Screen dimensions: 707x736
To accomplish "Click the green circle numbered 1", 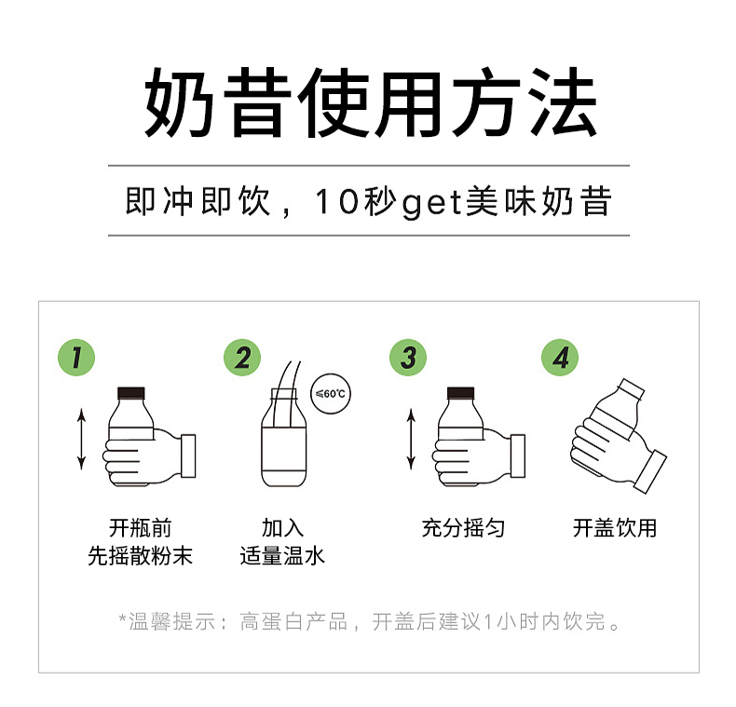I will coord(77,357).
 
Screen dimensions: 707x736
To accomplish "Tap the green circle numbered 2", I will coord(242,357).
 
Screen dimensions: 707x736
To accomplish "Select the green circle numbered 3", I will coord(407,357).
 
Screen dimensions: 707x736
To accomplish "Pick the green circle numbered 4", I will coord(560,357).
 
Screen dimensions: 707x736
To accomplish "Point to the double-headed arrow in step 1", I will coord(82,438).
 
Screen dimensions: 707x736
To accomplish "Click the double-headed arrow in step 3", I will coord(410,438).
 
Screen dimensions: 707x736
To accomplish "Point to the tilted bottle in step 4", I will coord(610,419).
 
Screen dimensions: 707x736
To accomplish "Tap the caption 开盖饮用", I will coord(614,528).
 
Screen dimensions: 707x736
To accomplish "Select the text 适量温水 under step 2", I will coord(282,557).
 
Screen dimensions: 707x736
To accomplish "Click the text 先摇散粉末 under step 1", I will coord(140,557).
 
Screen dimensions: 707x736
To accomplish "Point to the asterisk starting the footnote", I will coord(122,619).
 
